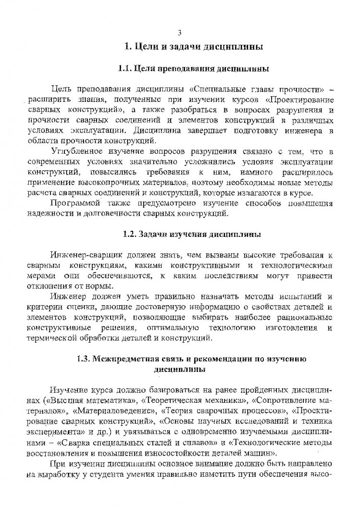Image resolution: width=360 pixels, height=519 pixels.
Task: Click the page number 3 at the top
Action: click(x=180, y=32)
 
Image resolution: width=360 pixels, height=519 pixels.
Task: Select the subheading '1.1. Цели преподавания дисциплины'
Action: click(x=194, y=69)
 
